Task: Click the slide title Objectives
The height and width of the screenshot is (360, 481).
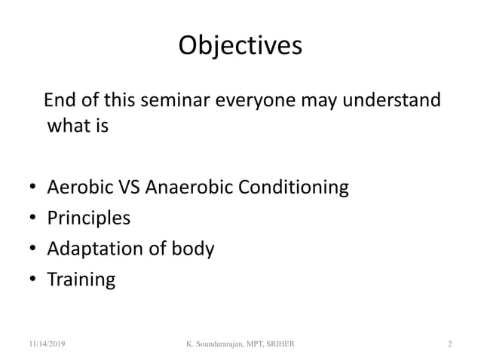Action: point(240,46)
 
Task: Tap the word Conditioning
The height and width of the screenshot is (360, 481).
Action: point(293,187)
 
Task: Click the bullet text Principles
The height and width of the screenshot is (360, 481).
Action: point(88,218)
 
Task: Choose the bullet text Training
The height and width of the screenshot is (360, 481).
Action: point(81,280)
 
